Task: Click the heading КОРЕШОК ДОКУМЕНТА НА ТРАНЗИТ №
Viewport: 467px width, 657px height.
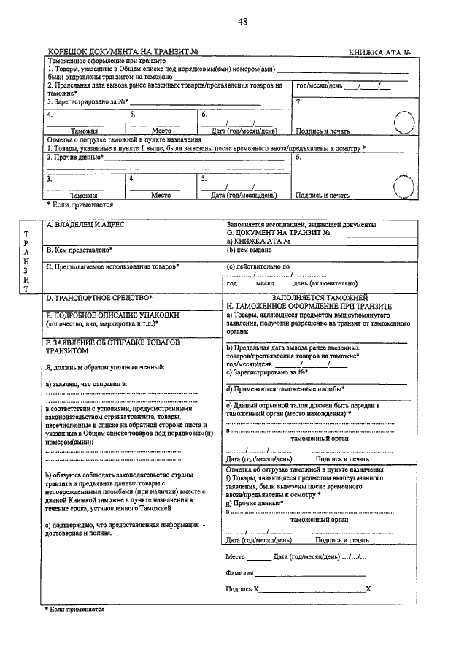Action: pos(123,52)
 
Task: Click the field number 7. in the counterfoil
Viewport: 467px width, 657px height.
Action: pos(299,101)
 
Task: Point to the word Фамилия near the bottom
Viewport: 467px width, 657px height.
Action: pos(241,574)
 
